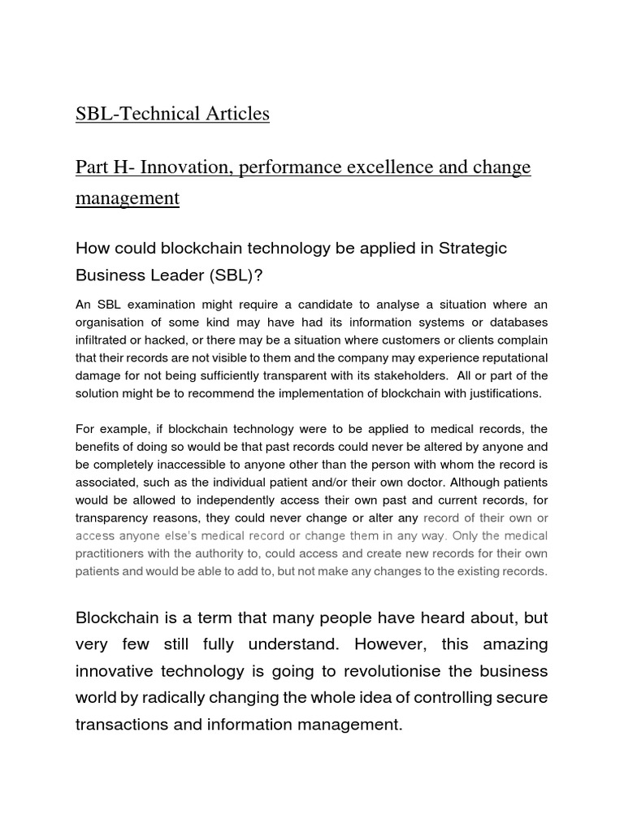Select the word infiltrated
pos(103,340)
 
